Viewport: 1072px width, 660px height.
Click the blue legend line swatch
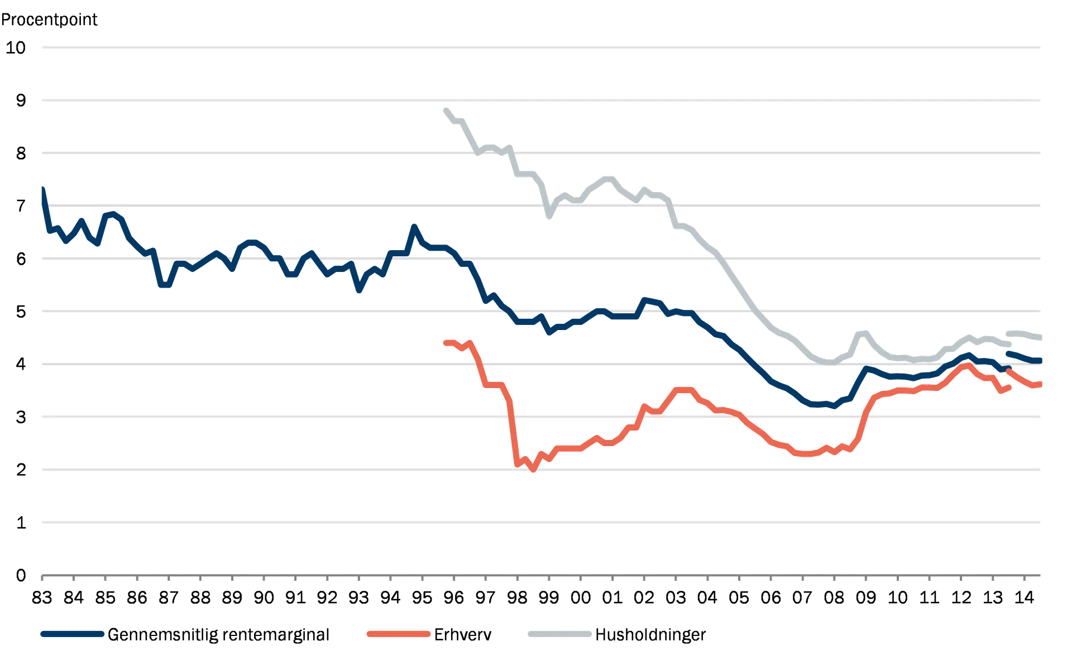[x=73, y=634]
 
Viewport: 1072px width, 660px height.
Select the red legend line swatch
[x=397, y=634]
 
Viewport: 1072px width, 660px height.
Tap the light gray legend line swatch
[x=558, y=634]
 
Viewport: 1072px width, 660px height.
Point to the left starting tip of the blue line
[x=42, y=186]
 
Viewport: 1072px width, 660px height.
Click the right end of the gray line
[x=1042, y=337]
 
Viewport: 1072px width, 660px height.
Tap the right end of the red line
[x=1042, y=384]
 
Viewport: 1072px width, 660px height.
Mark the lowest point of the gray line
[x=830, y=365]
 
